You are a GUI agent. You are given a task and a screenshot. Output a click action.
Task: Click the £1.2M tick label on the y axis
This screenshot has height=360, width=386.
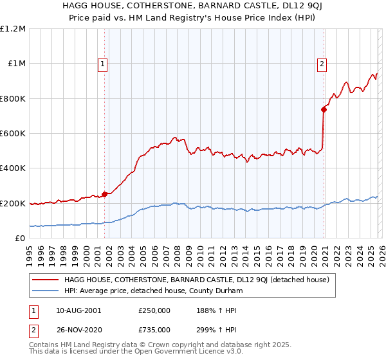point(13,29)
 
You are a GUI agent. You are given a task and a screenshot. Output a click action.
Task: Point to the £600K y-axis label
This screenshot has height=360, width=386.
point(13,134)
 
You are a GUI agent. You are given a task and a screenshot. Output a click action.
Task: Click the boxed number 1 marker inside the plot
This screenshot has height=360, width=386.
point(104,63)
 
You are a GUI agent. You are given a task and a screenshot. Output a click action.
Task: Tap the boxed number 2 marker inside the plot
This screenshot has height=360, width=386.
point(321,63)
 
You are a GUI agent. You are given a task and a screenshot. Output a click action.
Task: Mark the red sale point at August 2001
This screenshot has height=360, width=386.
point(104,195)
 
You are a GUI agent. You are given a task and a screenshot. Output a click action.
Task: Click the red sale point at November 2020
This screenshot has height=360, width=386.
point(324,110)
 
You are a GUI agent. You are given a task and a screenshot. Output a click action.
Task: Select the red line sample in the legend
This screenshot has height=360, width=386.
point(45,280)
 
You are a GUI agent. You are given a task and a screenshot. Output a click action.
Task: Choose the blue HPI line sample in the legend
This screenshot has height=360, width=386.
point(45,291)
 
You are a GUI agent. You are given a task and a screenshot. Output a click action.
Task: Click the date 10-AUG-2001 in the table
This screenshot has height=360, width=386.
point(78,310)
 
